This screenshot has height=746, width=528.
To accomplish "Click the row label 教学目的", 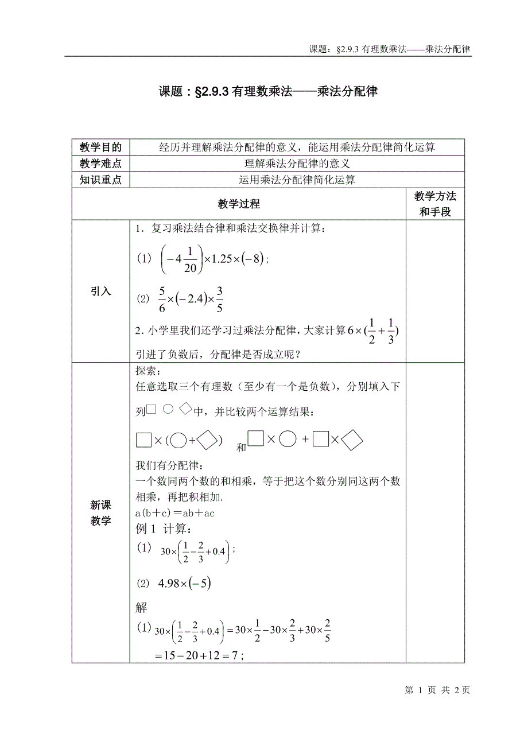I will pos(100,147).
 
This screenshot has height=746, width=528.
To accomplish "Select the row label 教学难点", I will pos(100,164).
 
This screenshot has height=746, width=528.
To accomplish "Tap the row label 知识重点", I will pos(100,180).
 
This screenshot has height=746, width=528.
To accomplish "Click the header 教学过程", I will pos(239,204).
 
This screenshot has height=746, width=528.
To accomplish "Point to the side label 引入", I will pos(100,292).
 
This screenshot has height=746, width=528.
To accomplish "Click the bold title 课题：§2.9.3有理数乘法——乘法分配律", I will pos(267,91).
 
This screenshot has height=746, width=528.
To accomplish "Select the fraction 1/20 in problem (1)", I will pos(191,258).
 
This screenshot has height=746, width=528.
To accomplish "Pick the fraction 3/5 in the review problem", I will pos(220,299).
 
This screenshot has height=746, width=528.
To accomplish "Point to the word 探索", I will pos(148,371).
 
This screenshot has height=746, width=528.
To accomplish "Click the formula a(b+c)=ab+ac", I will pos(174,513).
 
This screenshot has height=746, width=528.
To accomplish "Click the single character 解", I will pos(141,608).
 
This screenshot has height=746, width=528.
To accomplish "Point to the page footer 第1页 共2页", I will pos(437,690).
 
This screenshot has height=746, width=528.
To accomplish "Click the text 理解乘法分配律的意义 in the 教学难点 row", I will pos(297,164).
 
